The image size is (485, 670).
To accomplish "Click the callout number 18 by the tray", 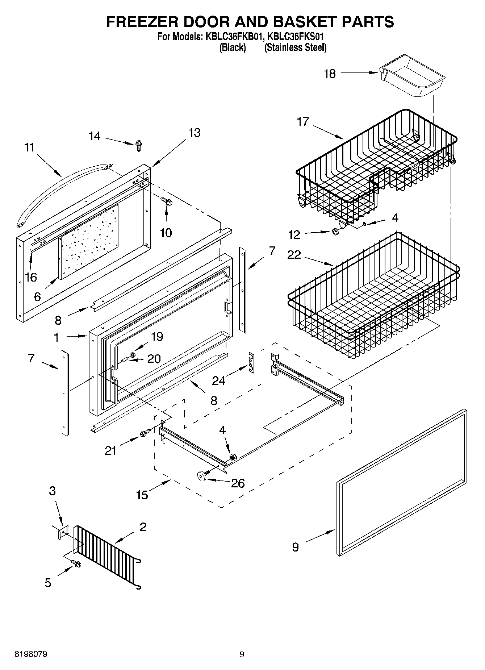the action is click(330, 74).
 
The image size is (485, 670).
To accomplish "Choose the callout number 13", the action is click(195, 133).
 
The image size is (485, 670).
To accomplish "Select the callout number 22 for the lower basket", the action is click(294, 255).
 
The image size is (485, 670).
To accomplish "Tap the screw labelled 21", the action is click(145, 433).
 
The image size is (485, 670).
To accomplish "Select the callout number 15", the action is click(142, 495).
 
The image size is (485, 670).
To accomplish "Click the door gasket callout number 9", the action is click(295, 547).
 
